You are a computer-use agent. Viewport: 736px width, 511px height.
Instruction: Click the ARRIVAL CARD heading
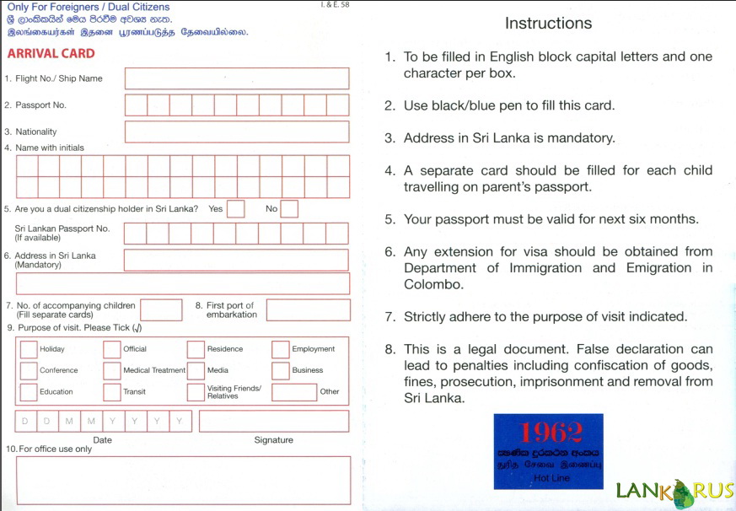(x=51, y=53)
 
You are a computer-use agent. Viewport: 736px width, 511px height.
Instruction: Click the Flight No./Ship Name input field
(x=237, y=78)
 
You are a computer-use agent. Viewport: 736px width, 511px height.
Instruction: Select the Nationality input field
(x=237, y=132)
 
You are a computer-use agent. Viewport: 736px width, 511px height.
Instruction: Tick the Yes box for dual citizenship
(x=236, y=208)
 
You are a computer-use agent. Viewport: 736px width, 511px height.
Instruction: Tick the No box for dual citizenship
(x=289, y=208)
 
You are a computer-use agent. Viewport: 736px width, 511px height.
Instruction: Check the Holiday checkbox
(x=29, y=349)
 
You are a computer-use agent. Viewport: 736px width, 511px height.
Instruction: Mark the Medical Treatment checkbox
(x=112, y=370)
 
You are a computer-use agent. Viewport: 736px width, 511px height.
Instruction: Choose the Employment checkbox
(x=281, y=349)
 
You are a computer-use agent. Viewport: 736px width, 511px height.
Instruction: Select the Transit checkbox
(x=112, y=392)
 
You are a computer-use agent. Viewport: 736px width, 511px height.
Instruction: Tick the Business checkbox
(x=281, y=370)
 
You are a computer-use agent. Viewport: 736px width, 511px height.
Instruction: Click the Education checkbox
(x=29, y=392)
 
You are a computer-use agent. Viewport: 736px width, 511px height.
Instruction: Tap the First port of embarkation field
(x=308, y=309)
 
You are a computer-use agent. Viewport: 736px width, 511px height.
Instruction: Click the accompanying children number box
(x=161, y=309)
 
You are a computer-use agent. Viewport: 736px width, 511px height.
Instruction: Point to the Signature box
(x=273, y=421)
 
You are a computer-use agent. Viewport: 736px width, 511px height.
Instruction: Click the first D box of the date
(x=25, y=421)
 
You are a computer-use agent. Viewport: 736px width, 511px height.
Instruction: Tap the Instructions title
(x=548, y=23)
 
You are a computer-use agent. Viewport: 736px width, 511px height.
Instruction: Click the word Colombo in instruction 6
(x=432, y=284)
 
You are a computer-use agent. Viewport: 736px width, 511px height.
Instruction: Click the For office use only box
(x=183, y=480)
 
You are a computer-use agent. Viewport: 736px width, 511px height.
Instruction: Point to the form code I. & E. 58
(x=336, y=5)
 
